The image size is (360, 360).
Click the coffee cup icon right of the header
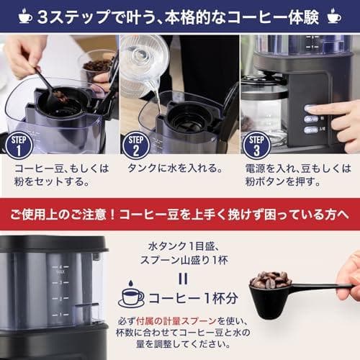pyautogui.click(x=334, y=16)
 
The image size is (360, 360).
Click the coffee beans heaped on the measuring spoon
pyautogui.click(x=270, y=279)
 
